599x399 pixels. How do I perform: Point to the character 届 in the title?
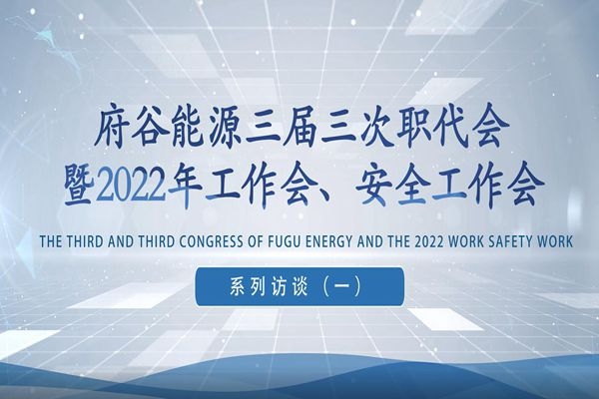click(x=302, y=129)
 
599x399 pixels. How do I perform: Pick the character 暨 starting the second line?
click(x=80, y=186)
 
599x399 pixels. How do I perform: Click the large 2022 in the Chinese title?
click(x=132, y=187)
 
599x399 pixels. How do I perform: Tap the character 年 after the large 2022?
click(x=186, y=187)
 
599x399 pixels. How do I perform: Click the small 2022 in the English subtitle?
click(x=428, y=241)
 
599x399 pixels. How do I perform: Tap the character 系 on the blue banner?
click(x=238, y=287)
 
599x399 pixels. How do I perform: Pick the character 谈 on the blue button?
click(x=299, y=287)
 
